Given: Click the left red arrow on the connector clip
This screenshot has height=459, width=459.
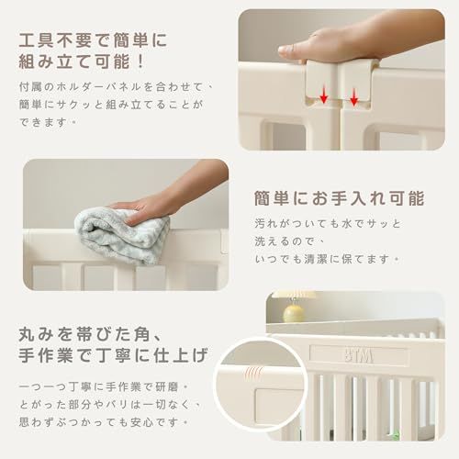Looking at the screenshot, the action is [x=324, y=95].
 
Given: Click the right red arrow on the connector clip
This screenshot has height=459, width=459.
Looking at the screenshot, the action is [x=353, y=97].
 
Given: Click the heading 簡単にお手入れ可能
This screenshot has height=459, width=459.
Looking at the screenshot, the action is [x=340, y=198].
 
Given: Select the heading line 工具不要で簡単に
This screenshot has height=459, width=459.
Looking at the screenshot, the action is [x=93, y=40].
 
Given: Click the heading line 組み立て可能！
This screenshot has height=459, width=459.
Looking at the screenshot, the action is [x=82, y=62].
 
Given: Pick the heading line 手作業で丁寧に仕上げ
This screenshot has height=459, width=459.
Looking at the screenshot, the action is [x=113, y=355].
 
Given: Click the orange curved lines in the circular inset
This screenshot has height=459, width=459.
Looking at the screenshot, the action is [x=253, y=374].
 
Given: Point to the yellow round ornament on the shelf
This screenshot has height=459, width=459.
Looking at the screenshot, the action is [x=294, y=313].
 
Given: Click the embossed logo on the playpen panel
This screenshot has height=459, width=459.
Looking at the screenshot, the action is [x=359, y=355].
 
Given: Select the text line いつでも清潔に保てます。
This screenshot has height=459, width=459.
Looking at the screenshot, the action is [x=327, y=260].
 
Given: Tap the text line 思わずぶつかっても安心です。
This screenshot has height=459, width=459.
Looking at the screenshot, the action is [x=103, y=422].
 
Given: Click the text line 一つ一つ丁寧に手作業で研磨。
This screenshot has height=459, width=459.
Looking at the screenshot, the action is [x=103, y=386].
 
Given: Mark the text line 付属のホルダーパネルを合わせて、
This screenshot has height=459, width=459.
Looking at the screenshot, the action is [x=117, y=86].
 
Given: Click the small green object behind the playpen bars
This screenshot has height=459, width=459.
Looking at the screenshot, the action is [x=396, y=434].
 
